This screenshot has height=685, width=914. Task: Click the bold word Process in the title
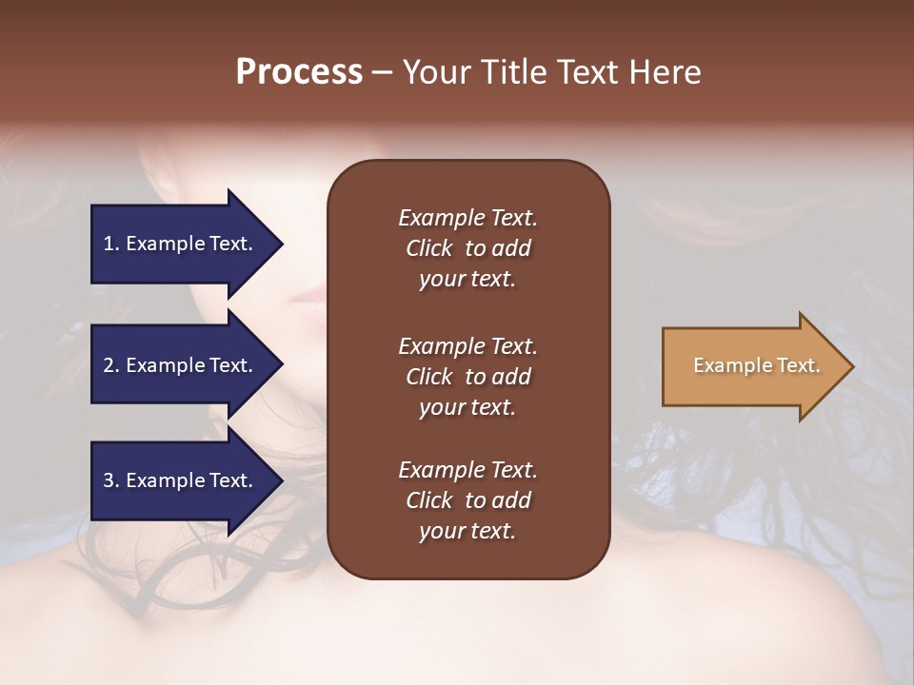click(x=299, y=72)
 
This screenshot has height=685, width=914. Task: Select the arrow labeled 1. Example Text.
click(x=186, y=244)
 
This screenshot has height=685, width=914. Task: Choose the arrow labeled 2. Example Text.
click(x=186, y=365)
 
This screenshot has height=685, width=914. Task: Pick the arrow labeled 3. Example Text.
click(x=186, y=480)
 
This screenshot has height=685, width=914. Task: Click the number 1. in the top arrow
click(x=111, y=244)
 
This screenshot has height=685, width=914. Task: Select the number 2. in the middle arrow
click(x=111, y=365)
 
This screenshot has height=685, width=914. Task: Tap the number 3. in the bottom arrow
click(x=111, y=480)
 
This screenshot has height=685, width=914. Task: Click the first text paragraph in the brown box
click(x=467, y=248)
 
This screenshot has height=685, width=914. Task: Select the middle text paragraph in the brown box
click(x=467, y=377)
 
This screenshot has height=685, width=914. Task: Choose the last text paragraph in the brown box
click(x=467, y=500)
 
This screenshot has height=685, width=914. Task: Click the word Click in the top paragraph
click(x=429, y=248)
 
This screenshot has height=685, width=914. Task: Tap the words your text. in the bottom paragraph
click(x=467, y=531)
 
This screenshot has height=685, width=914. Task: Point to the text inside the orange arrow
click(x=756, y=365)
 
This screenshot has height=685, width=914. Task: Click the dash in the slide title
click(x=382, y=73)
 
